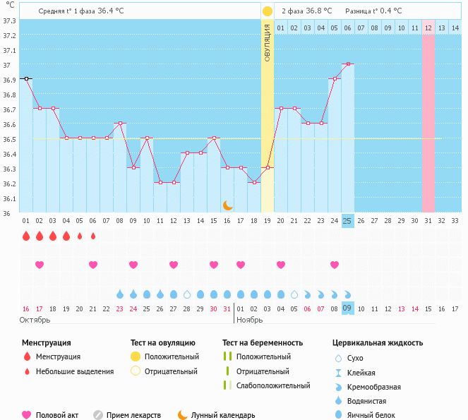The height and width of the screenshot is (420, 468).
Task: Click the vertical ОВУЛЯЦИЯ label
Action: click(268, 43)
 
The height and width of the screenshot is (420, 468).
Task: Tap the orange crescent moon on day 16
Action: click(227, 205)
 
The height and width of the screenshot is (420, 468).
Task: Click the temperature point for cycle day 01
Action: click(26, 79)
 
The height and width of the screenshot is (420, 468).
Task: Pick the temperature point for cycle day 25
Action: click(347, 64)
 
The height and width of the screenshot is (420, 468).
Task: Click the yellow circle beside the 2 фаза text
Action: click(268, 11)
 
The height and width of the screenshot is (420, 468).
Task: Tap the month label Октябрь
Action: click(35, 320)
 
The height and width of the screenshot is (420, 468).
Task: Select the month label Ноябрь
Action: click(248, 320)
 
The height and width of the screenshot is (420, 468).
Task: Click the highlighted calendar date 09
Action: click(347, 308)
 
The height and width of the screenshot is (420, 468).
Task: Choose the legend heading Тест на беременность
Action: click(263, 343)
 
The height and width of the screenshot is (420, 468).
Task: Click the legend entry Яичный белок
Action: click(376, 415)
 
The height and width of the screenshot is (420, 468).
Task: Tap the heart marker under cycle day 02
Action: click(40, 265)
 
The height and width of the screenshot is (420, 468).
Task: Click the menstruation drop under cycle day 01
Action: click(26, 236)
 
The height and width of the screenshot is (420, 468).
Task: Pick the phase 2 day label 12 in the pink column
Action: click(428, 28)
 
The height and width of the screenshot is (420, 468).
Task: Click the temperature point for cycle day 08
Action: click(120, 124)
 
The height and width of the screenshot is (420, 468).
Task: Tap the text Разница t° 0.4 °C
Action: click(373, 11)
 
